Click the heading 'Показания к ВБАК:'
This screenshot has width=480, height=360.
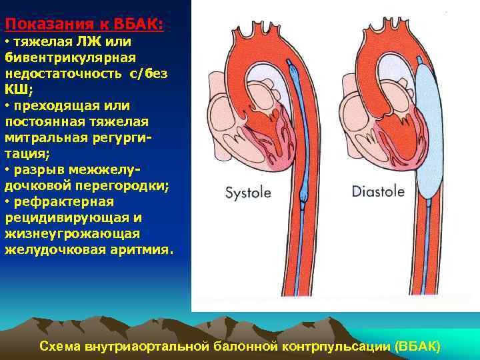[x=84, y=25]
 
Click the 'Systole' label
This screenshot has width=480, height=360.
[x=248, y=193]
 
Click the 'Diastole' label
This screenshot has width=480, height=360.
[x=378, y=191]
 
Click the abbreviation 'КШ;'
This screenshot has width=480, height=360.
[x=18, y=89]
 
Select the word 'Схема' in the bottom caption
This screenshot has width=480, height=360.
[x=60, y=347]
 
